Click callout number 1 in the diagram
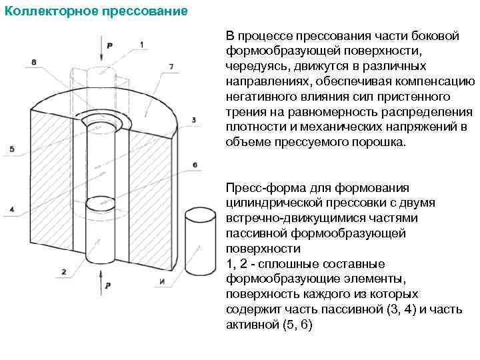point(141,44)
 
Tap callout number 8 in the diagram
point(33,62)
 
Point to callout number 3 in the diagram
point(193,120)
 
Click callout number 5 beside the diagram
point(12,148)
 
